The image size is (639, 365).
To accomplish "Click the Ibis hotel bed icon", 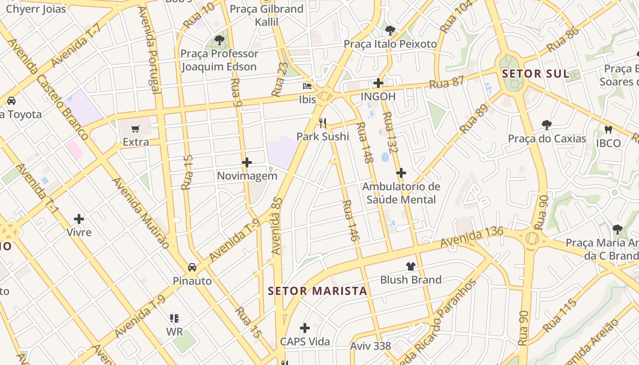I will point(307,86).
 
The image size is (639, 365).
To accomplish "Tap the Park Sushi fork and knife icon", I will point(323,123).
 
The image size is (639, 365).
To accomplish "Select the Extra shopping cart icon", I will point(136,129).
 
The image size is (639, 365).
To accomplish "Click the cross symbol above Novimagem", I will point(247,162).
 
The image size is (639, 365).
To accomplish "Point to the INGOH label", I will point(378,97).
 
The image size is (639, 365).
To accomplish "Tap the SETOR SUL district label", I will point(535,74).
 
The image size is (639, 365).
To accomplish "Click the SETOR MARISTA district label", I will point(317,291).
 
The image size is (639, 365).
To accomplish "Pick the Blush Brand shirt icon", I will point(411,266).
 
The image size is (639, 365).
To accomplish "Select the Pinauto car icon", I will point(192,267).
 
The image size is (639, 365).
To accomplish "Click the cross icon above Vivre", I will point(79,219).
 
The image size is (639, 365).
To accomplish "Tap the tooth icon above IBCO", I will point(608,130).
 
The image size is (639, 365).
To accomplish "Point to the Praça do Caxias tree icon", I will point(546,125).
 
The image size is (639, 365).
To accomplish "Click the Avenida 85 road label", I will point(277,226).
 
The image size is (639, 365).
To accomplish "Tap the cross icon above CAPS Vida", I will point(305,328).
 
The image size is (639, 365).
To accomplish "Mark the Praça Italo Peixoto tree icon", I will point(390,31).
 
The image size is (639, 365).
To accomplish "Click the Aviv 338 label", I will point(371,346).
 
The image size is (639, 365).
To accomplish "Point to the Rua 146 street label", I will point(348,220).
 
